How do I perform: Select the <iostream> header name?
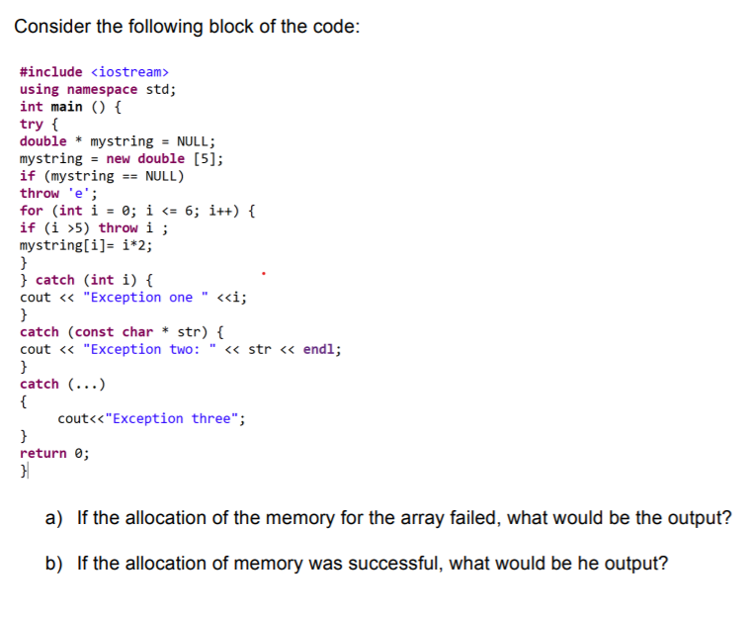[x=129, y=72]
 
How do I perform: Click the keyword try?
[x=32, y=124]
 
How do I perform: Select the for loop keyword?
[x=32, y=211]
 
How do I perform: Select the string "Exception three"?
[x=175, y=418]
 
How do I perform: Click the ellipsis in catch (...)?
[x=88, y=384]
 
